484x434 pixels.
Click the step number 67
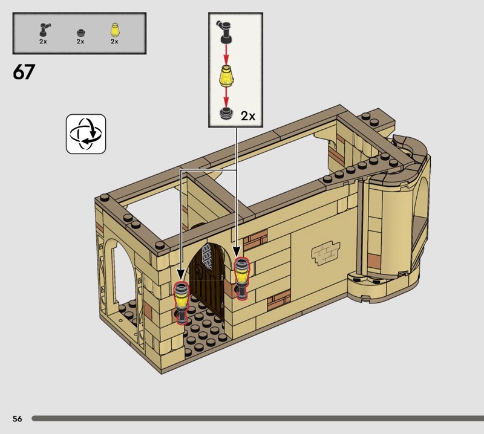[24, 72]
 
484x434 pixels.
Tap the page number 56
[18, 418]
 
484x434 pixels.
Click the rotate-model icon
[86, 134]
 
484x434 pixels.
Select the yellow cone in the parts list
[114, 30]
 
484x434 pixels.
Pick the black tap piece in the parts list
[44, 30]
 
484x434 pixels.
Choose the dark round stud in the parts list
[80, 33]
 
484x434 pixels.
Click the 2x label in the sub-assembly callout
[248, 116]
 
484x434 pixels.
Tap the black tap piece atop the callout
[226, 31]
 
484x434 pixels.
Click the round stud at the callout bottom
[227, 113]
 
